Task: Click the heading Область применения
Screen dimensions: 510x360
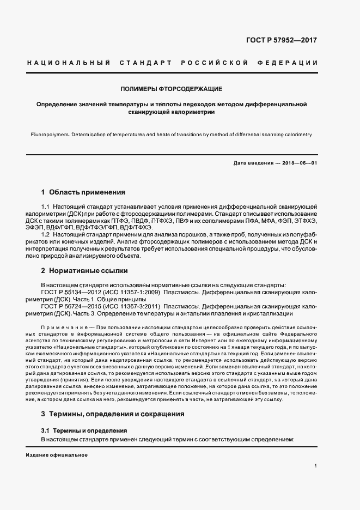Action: pos(87,192)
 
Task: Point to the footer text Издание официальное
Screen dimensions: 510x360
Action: pos(56,455)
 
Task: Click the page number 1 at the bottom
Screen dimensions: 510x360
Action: pos(316,466)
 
